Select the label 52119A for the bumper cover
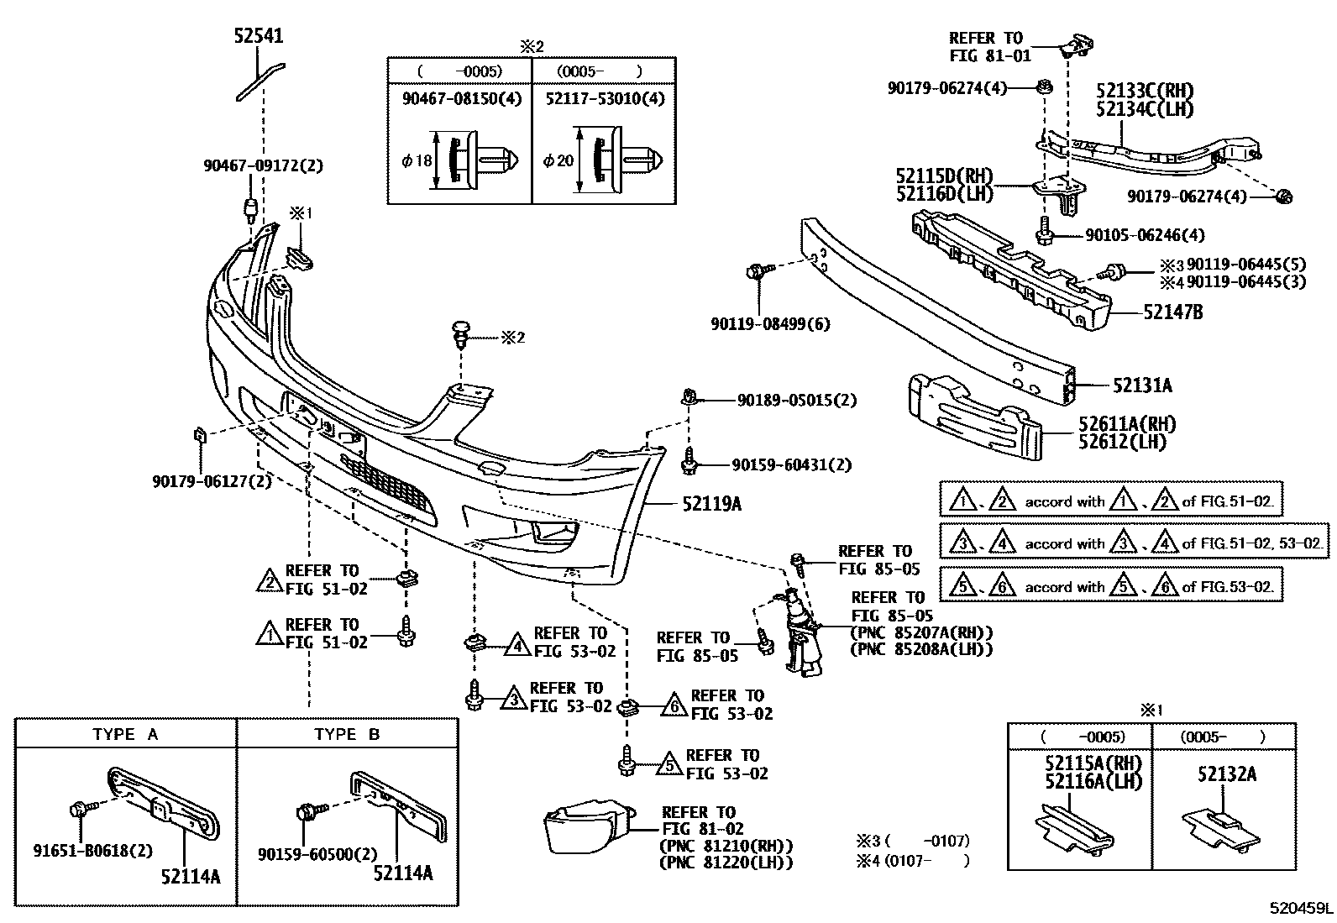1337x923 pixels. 712,505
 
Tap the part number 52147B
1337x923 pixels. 1172,312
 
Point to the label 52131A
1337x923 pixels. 1142,385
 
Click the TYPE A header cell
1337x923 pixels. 125,734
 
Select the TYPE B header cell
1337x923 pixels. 347,734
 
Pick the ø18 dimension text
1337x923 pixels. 417,160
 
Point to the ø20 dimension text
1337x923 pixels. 558,160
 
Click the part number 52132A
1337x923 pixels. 1227,774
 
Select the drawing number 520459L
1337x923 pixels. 1300,908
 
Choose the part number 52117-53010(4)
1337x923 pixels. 604,99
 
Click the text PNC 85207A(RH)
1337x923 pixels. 921,632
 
